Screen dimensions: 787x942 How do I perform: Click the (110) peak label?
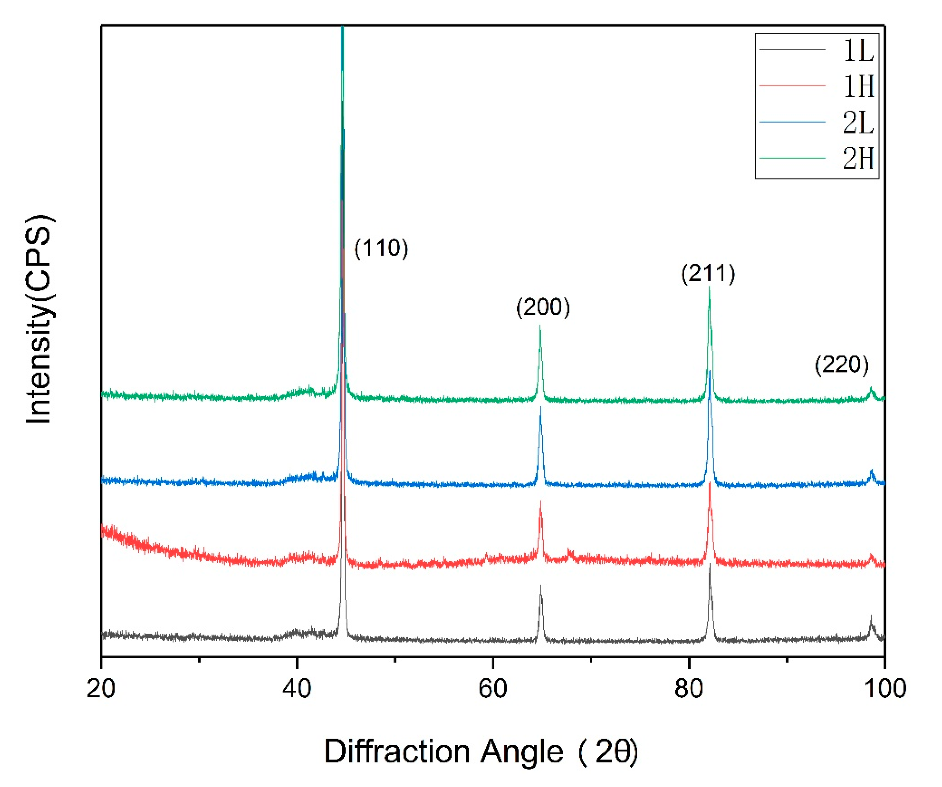[381, 248]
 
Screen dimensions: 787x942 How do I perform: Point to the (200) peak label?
[543, 307]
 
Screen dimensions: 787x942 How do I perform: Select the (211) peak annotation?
[708, 273]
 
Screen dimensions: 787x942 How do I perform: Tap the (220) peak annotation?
[841, 364]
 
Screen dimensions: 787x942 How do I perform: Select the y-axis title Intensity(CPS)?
[40, 319]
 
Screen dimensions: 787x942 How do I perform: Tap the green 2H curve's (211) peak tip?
[709, 287]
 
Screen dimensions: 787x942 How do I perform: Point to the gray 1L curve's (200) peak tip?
[541, 586]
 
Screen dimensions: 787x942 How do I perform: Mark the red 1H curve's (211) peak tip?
[710, 483]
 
